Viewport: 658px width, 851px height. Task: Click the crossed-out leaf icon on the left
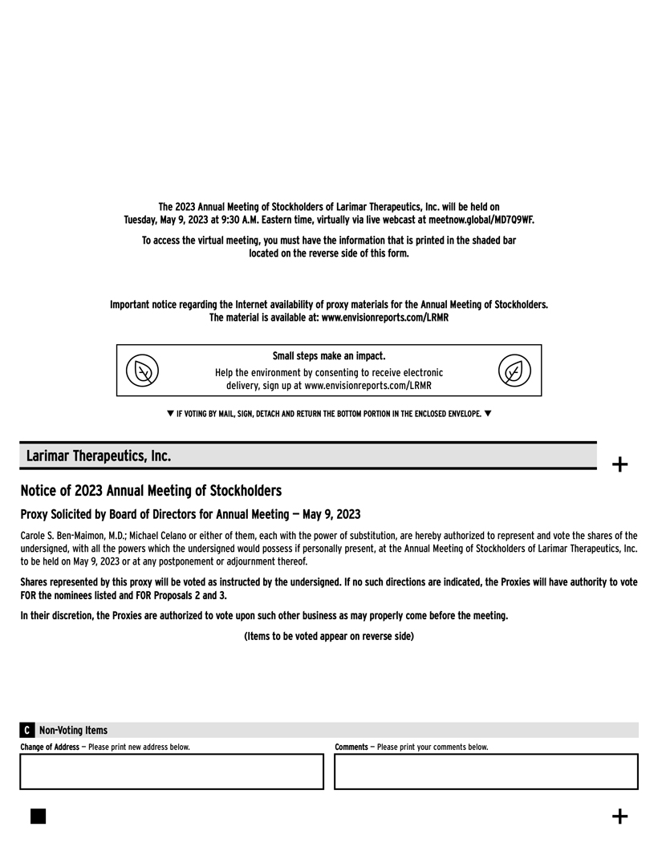click(x=142, y=371)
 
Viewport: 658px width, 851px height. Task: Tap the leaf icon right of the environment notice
click(x=514, y=371)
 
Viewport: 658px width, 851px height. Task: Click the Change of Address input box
click(x=171, y=772)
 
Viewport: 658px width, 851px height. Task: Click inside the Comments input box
click(x=485, y=772)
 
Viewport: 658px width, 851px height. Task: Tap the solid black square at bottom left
click(x=38, y=816)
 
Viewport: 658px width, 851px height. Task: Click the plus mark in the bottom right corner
click(x=619, y=817)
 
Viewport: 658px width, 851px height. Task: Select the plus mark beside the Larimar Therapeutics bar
click(x=619, y=464)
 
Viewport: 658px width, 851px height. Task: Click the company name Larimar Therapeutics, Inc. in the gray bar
click(x=98, y=456)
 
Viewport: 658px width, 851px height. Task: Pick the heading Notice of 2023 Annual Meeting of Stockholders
click(x=151, y=490)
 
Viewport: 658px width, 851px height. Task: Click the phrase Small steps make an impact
click(x=329, y=355)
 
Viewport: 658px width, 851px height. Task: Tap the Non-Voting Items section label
click(x=73, y=730)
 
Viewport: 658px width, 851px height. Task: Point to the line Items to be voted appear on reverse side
click(x=329, y=636)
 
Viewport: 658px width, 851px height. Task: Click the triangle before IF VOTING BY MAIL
click(x=170, y=414)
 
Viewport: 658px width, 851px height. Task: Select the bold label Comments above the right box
click(x=351, y=747)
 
